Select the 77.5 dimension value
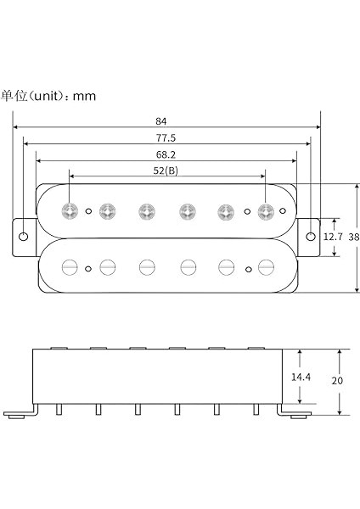166,137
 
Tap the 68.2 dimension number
166,154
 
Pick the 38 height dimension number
353,238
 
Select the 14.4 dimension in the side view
301,376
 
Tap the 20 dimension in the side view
337,381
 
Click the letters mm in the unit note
84,96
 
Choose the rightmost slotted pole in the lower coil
266,266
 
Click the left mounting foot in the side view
20,414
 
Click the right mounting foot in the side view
295,414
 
